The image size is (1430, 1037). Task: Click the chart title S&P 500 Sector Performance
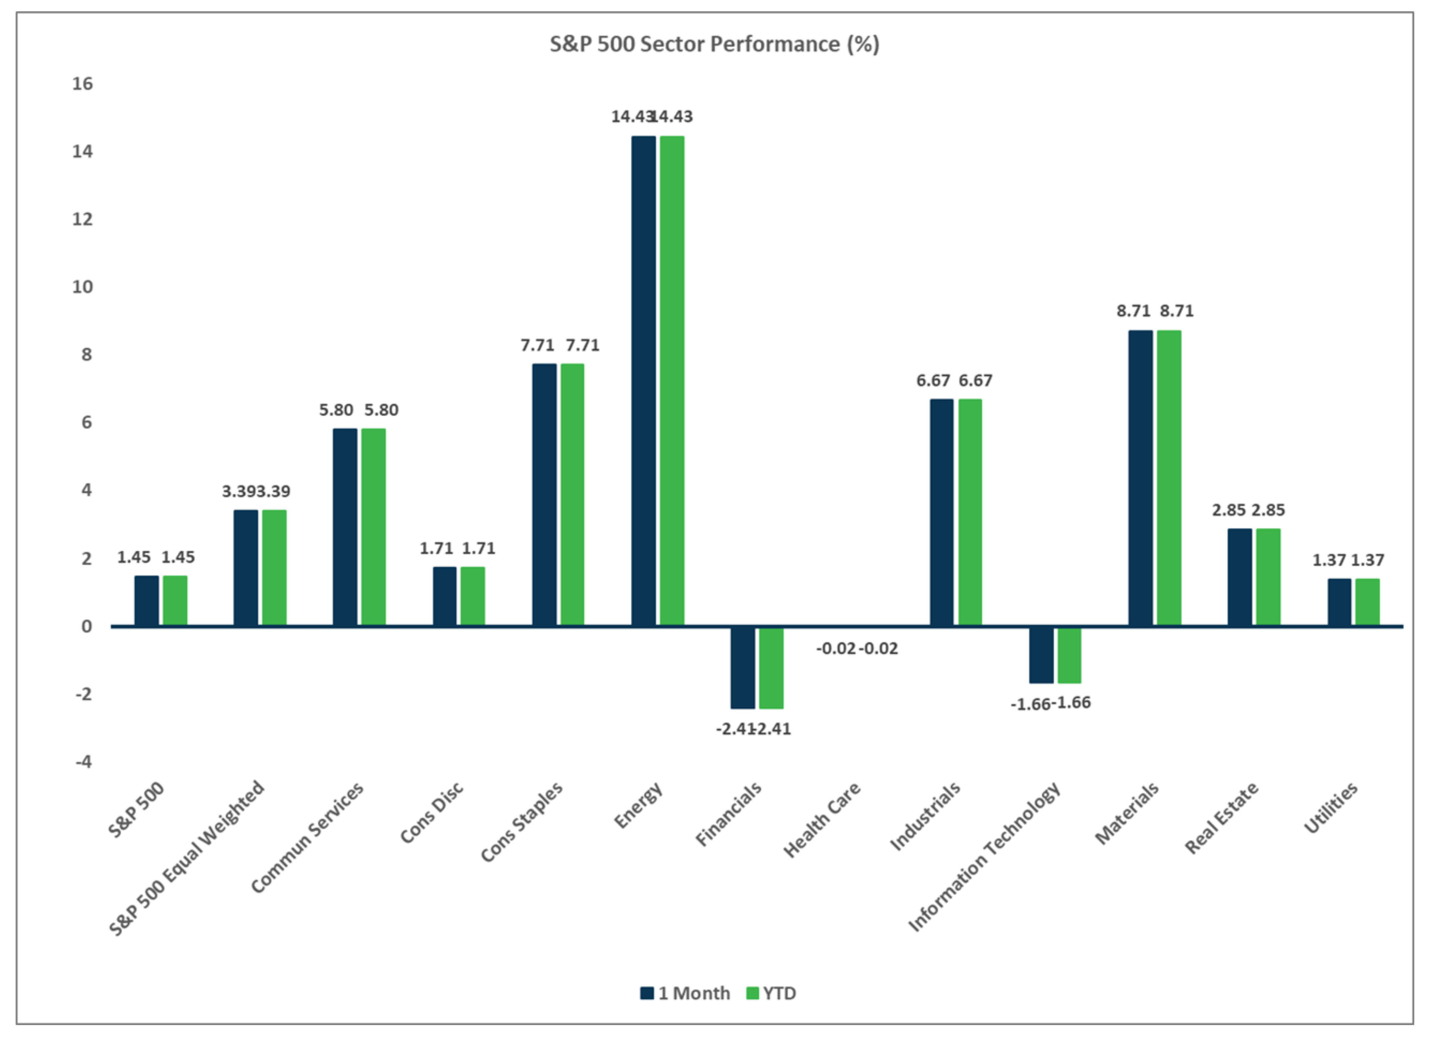tap(714, 44)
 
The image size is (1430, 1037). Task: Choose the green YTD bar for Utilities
tap(1367, 602)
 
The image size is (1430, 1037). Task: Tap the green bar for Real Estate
tap(1268, 577)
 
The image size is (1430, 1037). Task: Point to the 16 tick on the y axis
tap(83, 84)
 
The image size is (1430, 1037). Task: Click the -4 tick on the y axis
tap(84, 762)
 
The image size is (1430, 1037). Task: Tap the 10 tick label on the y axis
tap(83, 287)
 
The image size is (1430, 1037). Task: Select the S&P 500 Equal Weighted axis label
tap(187, 857)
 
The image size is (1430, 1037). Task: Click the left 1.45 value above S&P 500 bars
tap(134, 557)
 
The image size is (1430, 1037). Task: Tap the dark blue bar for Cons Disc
tap(444, 596)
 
